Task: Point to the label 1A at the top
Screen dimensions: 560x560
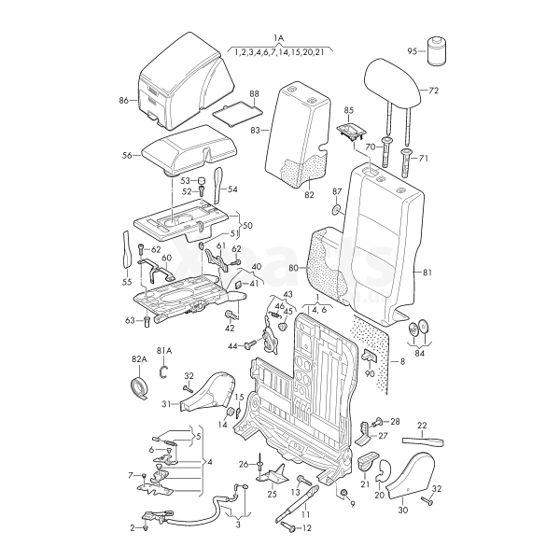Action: point(278,37)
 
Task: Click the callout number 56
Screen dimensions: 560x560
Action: point(127,156)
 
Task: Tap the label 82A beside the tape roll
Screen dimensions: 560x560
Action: point(139,359)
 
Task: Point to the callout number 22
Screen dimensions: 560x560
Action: point(422,425)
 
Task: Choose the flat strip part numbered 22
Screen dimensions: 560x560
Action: point(426,440)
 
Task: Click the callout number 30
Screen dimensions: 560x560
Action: point(403,511)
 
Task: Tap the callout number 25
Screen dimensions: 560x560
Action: point(273,494)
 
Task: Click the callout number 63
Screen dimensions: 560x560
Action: point(131,320)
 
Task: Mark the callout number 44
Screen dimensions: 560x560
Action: point(233,346)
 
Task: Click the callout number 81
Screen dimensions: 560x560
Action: point(428,273)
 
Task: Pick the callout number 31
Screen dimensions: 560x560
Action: point(166,404)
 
